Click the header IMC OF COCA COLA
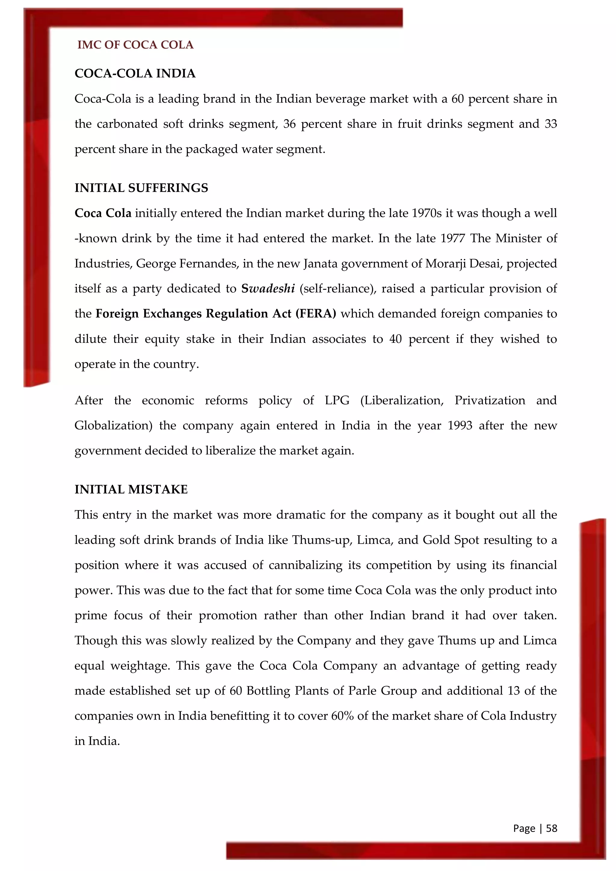tap(135, 45)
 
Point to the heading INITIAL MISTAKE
tap(131, 489)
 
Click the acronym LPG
tap(337, 400)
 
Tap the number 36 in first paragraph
tap(289, 124)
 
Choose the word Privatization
tap(490, 400)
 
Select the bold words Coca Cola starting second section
tap(103, 213)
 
